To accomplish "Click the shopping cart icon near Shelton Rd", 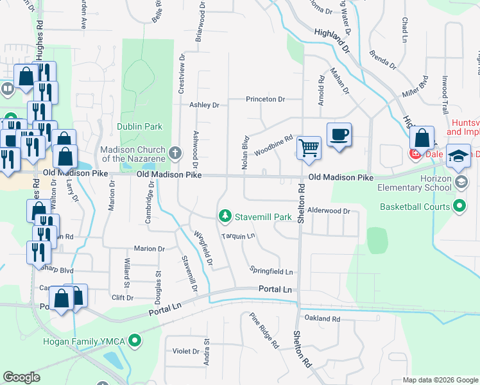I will tap(309, 148).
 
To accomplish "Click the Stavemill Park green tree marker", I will tap(225, 217).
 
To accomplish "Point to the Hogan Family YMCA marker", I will tap(134, 340).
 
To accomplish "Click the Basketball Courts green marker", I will tap(459, 207).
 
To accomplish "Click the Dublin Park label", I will tap(139, 127).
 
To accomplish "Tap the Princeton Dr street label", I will tap(265, 99).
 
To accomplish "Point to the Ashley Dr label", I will tap(204, 105).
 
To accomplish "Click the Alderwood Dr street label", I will tap(328, 210).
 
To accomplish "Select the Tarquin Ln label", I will tap(238, 236).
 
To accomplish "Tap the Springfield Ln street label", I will tap(271, 272).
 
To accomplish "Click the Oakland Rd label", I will tap(322, 318).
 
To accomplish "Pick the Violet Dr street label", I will tap(186, 351).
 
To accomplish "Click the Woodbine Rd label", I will tap(273, 145).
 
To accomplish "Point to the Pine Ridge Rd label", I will tap(264, 330).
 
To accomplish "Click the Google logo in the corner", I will tap(22, 377).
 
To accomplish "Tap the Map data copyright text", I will tap(440, 380).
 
